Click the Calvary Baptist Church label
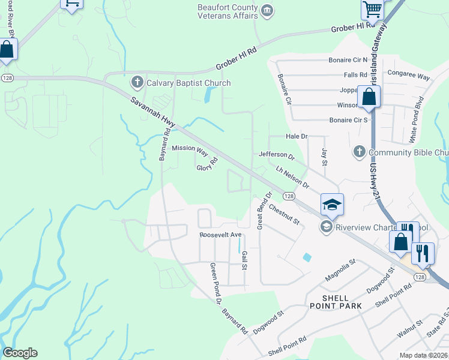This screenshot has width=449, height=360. coord(180,83)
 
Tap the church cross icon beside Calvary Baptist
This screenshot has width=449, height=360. coord(137,82)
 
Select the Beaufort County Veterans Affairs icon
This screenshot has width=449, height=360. coord(268,10)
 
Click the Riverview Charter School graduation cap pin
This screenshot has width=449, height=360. coord(332,205)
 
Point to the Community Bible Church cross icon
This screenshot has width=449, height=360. coord(360,152)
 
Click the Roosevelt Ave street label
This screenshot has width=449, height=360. coord(220,235)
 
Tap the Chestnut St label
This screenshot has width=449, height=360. coord(284,214)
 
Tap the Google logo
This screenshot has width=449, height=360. coord(20,353)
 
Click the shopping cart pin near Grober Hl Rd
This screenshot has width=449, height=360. coord(372,10)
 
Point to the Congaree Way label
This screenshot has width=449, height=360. coord(409,77)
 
